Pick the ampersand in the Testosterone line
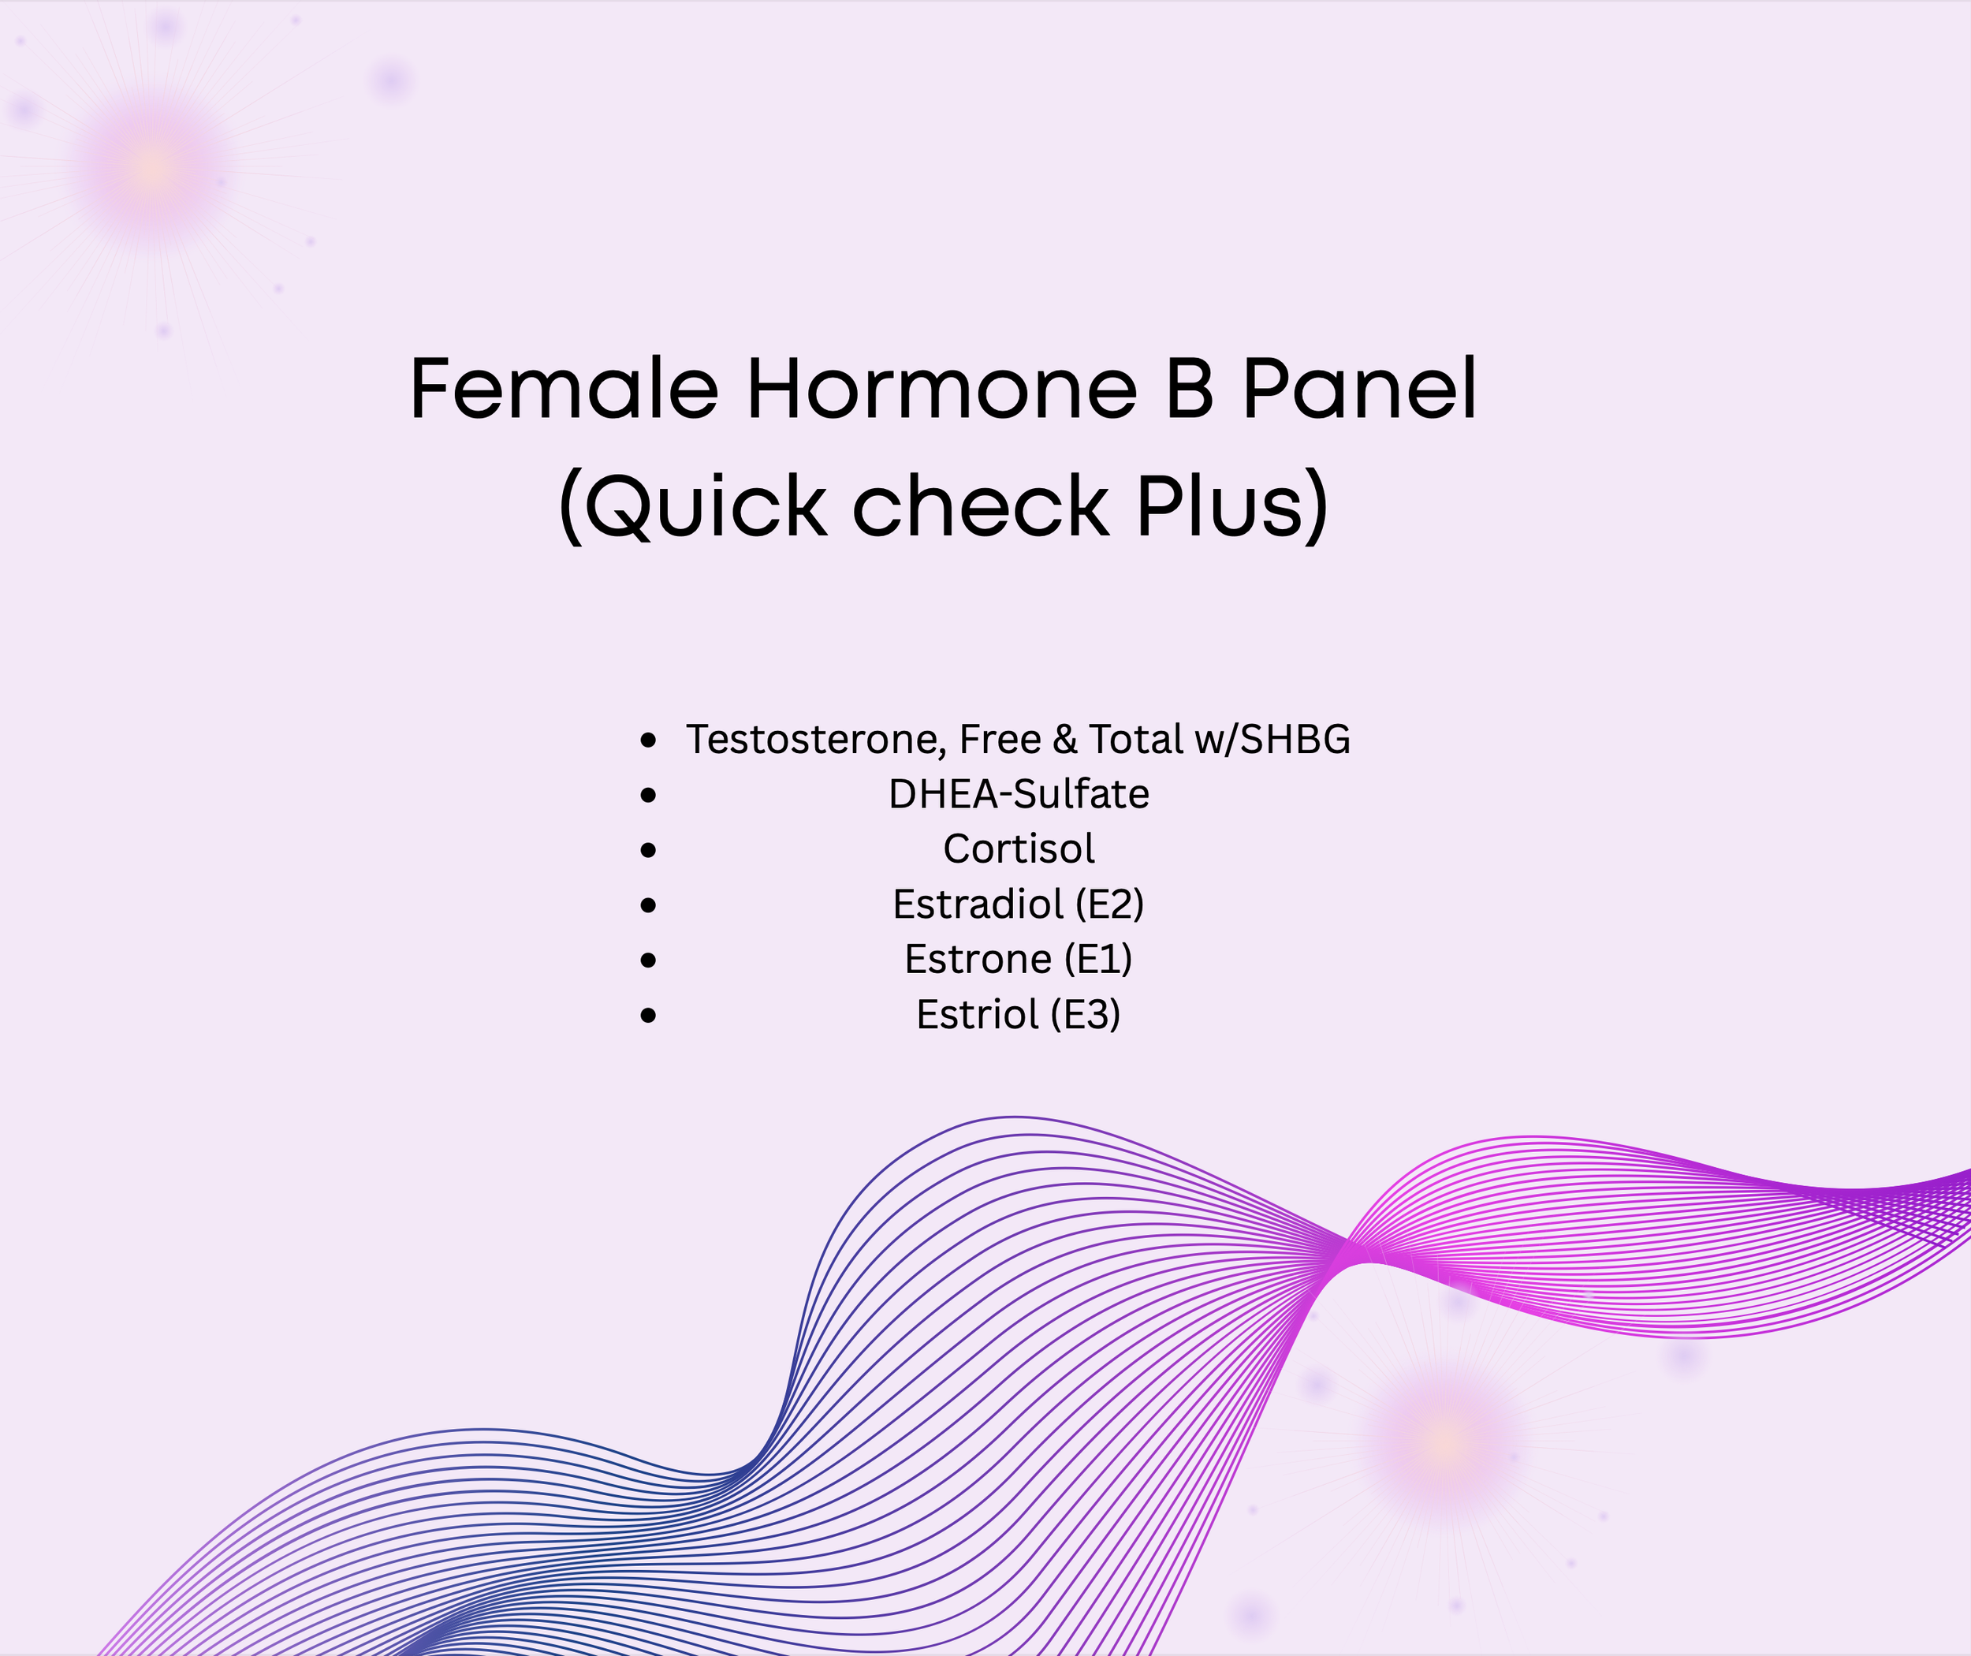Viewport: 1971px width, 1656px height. [x=1064, y=740]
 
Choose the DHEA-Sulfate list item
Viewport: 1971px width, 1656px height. [x=1019, y=794]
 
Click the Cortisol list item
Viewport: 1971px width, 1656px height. [x=1019, y=849]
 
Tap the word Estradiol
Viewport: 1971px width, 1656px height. [x=978, y=904]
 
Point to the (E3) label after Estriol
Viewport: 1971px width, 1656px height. [x=1085, y=1015]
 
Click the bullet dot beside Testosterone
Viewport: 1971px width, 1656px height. [x=647, y=740]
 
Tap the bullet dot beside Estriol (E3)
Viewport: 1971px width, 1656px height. [x=647, y=1015]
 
